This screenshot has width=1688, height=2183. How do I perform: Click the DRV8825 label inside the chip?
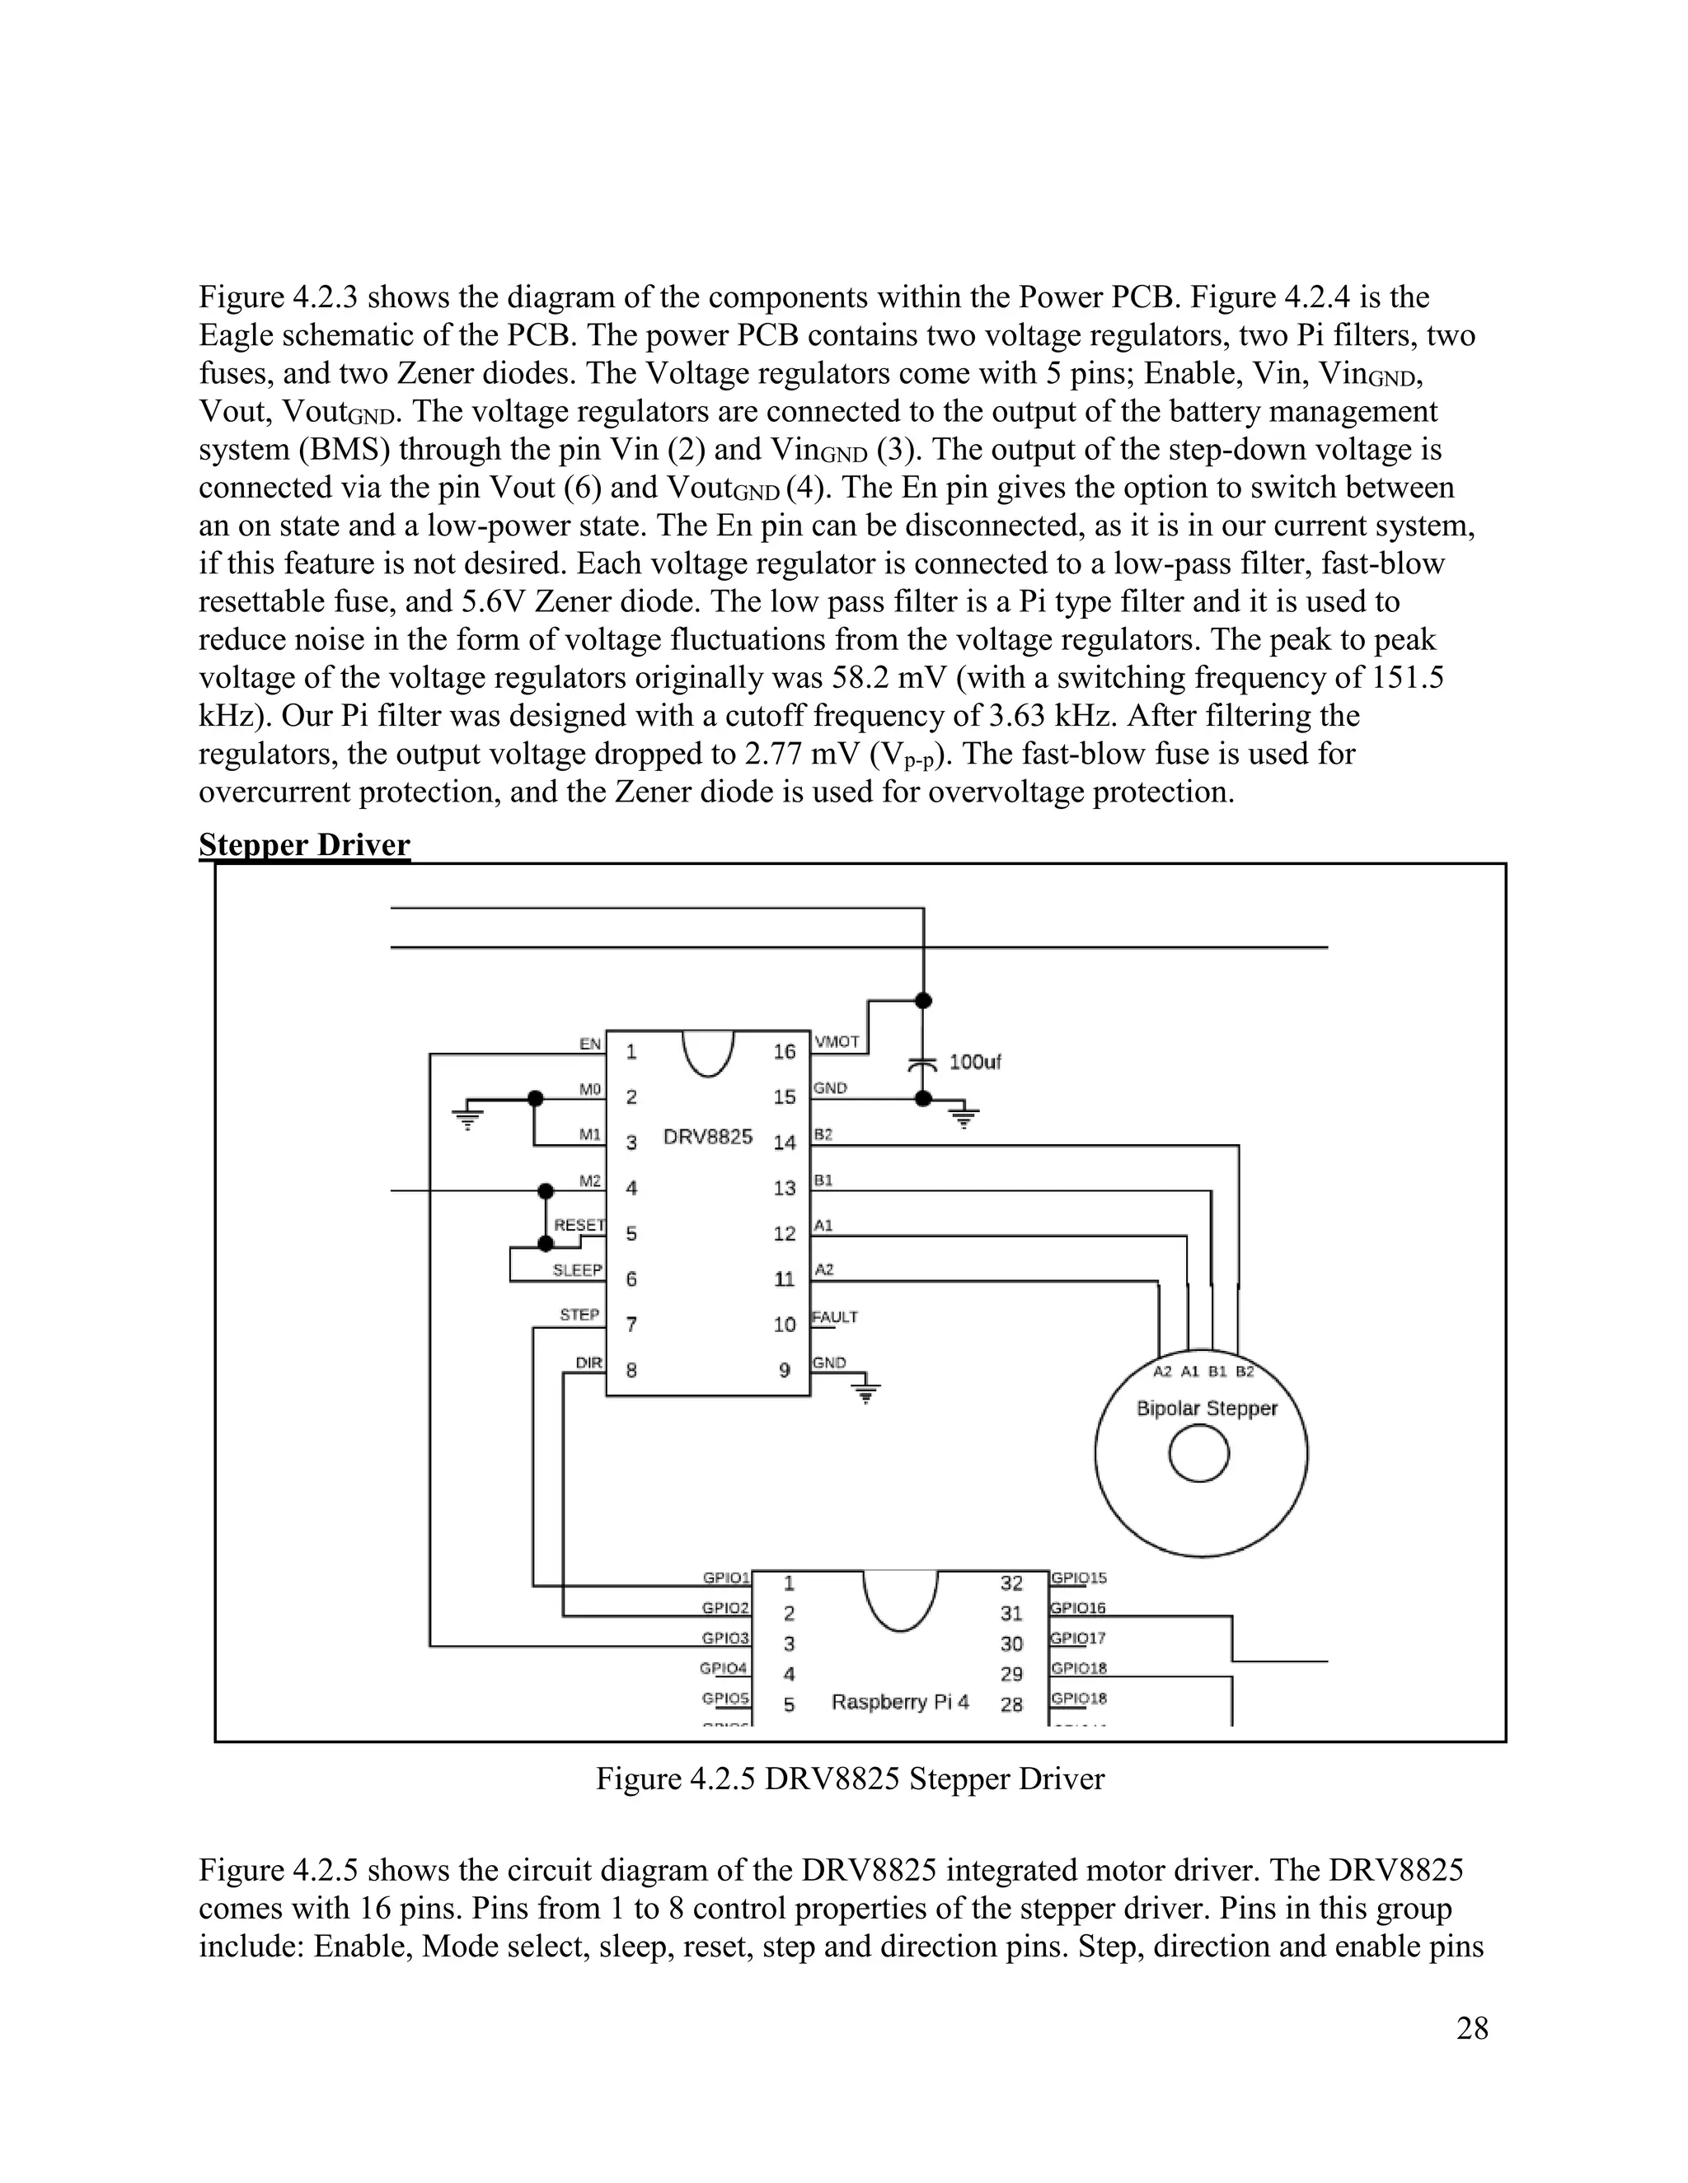(708, 1138)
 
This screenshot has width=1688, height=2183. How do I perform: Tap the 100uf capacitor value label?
(974, 1062)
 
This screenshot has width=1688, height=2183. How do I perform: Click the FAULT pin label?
(835, 1317)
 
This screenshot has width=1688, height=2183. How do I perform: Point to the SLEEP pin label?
(578, 1270)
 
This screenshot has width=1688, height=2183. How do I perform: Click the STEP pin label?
(580, 1315)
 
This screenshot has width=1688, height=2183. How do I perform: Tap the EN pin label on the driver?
(590, 1044)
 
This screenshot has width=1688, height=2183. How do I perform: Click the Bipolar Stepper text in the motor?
(1207, 1409)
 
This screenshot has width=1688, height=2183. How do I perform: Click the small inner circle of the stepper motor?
(1198, 1453)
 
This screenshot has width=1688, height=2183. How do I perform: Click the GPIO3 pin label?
(725, 1638)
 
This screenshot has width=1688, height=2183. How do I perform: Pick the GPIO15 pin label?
(1078, 1578)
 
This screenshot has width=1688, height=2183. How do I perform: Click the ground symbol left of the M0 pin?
(467, 1115)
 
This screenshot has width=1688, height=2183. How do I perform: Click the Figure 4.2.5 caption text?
(850, 1779)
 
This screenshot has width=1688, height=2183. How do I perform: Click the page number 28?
(1472, 2028)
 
